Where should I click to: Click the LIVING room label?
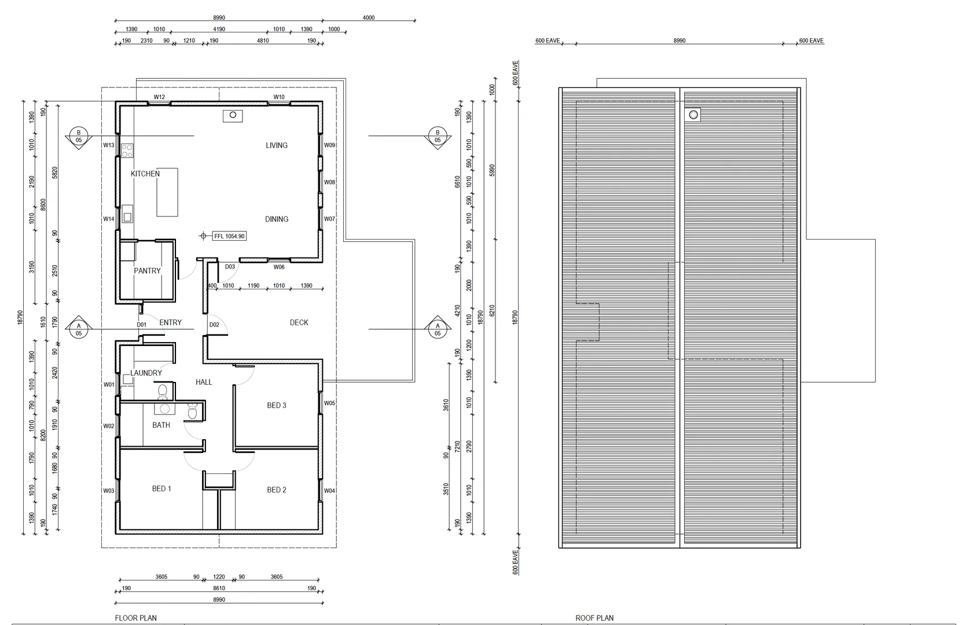pyautogui.click(x=276, y=145)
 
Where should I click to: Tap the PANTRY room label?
pyautogui.click(x=147, y=271)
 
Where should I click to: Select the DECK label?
pyautogui.click(x=299, y=322)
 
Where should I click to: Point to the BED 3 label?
pyautogui.click(x=276, y=405)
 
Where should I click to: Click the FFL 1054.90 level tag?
pyautogui.click(x=229, y=236)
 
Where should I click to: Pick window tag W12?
pyautogui.click(x=159, y=97)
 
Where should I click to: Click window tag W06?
pyautogui.click(x=279, y=267)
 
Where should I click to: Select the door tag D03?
pyautogui.click(x=230, y=267)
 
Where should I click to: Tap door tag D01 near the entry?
pyautogui.click(x=141, y=325)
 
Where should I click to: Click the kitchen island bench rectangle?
pyautogui.click(x=167, y=192)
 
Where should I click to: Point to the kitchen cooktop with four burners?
pyautogui.click(x=127, y=150)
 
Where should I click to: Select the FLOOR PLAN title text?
pyautogui.click(x=135, y=618)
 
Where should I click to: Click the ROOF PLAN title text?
pyautogui.click(x=594, y=618)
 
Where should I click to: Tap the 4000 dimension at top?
pyautogui.click(x=368, y=17)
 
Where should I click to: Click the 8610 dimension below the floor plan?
pyautogui.click(x=219, y=589)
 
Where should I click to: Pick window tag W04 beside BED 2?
pyautogui.click(x=329, y=491)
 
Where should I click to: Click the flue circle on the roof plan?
pyautogui.click(x=693, y=115)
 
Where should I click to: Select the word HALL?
pyautogui.click(x=204, y=382)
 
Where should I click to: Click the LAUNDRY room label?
pyautogui.click(x=146, y=373)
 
